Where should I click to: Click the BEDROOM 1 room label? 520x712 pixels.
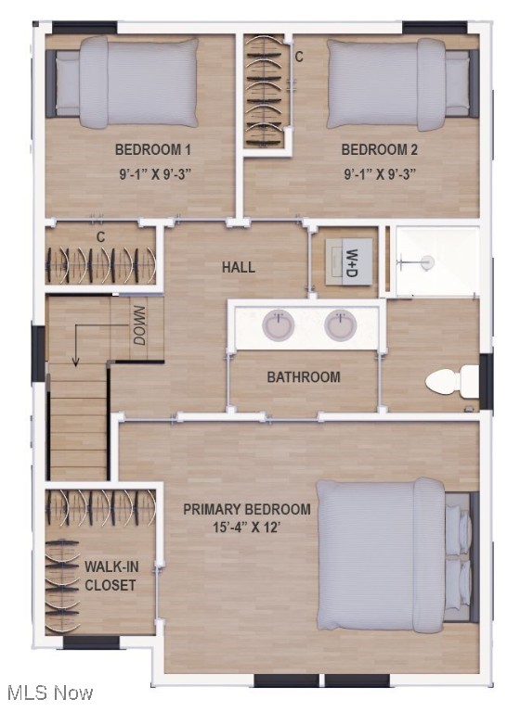153,149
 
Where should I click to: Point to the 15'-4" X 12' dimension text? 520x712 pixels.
246,528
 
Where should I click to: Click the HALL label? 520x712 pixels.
238,268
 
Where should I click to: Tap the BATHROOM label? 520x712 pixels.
303,377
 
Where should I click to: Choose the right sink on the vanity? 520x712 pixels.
341,325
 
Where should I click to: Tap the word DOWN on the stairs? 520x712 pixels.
139,326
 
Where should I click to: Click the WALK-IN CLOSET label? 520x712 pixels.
110,576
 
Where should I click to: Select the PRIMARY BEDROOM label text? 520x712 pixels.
246,509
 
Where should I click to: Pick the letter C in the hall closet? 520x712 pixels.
100,237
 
